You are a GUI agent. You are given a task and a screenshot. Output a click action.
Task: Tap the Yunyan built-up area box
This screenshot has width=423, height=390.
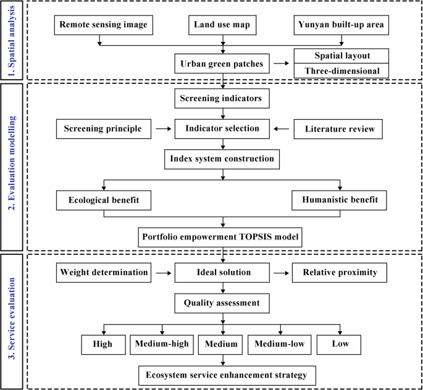coord(341,25)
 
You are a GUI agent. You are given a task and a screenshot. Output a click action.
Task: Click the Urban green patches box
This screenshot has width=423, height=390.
coord(223,64)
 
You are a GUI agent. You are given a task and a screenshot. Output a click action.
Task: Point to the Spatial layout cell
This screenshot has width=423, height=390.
coord(341,56)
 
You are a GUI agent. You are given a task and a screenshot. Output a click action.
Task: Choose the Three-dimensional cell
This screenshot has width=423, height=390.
coord(341,71)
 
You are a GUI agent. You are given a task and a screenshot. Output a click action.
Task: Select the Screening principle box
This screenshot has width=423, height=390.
coord(103,130)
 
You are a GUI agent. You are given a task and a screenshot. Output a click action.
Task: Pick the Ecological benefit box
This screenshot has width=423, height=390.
coord(103,201)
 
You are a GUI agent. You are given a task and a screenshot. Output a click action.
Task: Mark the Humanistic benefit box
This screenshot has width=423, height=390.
coord(340,201)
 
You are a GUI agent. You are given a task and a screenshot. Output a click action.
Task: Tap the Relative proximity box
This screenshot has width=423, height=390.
coord(340,272)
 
